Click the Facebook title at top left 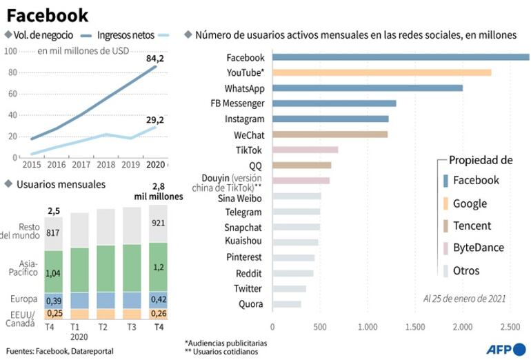pos(48,14)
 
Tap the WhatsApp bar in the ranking pos(367,88)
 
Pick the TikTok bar pos(305,150)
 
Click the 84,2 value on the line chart pos(154,59)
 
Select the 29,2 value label pos(154,119)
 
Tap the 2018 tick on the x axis pos(106,164)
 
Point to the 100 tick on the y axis pos(12,50)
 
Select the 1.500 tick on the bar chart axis pos(414,326)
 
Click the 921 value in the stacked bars pos(158,223)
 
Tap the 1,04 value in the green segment pos(53,273)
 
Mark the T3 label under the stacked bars pos(132,328)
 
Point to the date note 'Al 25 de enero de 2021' pos(464,299)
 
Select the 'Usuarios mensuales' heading pos(61,184)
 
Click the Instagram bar pos(330,119)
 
